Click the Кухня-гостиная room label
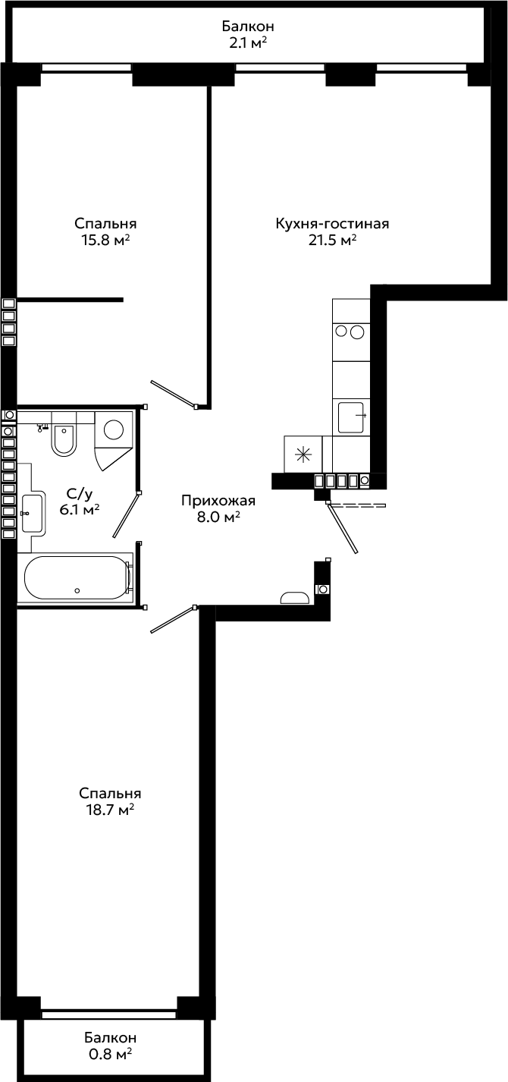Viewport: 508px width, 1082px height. click(332, 224)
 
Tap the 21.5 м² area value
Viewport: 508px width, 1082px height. click(332, 240)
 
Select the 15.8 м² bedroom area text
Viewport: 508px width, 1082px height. click(105, 240)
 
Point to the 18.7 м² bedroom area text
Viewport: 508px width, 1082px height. click(110, 810)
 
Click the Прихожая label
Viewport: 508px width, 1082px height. click(218, 501)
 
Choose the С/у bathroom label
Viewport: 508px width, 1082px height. click(79, 494)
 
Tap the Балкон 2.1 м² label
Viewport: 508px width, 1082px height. click(248, 34)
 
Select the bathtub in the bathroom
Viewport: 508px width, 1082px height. click(77, 577)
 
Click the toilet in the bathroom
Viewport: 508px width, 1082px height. click(64, 439)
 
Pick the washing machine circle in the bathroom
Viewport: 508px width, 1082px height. click(114, 429)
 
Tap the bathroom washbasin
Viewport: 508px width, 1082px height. click(32, 512)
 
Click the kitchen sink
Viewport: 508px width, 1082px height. click(351, 417)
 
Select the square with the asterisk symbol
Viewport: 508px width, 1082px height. click(303, 454)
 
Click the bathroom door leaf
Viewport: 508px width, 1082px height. click(126, 515)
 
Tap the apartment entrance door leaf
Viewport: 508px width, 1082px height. click(343, 528)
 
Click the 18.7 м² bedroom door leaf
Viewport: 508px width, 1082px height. click(172, 620)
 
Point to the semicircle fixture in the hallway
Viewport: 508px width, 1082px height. click(294, 598)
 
